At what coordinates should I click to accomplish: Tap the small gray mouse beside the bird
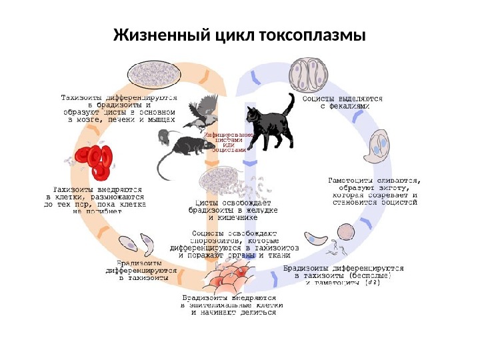coord(163,137)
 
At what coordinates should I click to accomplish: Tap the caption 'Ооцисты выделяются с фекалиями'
coord(343,102)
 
